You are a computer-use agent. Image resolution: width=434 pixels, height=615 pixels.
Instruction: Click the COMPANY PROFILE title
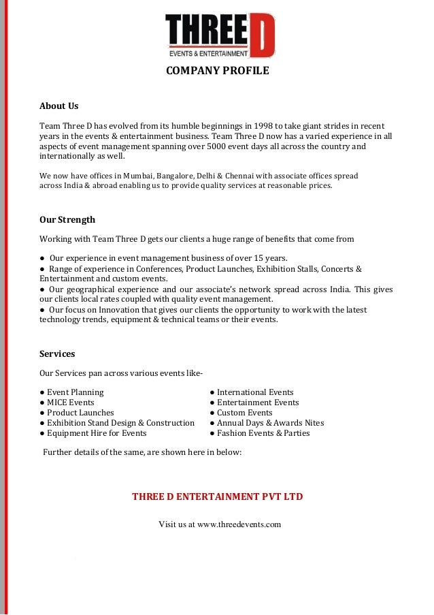pyautogui.click(x=217, y=71)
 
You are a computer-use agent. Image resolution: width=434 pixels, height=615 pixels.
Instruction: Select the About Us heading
pyautogui.click(x=59, y=106)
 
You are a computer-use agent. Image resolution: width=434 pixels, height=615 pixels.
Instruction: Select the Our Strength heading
pyautogui.click(x=67, y=219)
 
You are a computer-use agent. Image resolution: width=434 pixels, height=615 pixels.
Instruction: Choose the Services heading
pyautogui.click(x=57, y=354)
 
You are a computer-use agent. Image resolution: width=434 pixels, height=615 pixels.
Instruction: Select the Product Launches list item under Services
pyautogui.click(x=80, y=413)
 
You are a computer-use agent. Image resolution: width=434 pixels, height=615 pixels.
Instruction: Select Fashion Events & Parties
pyautogui.click(x=263, y=432)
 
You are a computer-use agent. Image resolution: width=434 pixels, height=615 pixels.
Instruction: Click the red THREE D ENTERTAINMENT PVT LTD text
pyautogui.click(x=217, y=496)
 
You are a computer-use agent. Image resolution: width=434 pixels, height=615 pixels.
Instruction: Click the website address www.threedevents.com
pyautogui.click(x=239, y=524)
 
